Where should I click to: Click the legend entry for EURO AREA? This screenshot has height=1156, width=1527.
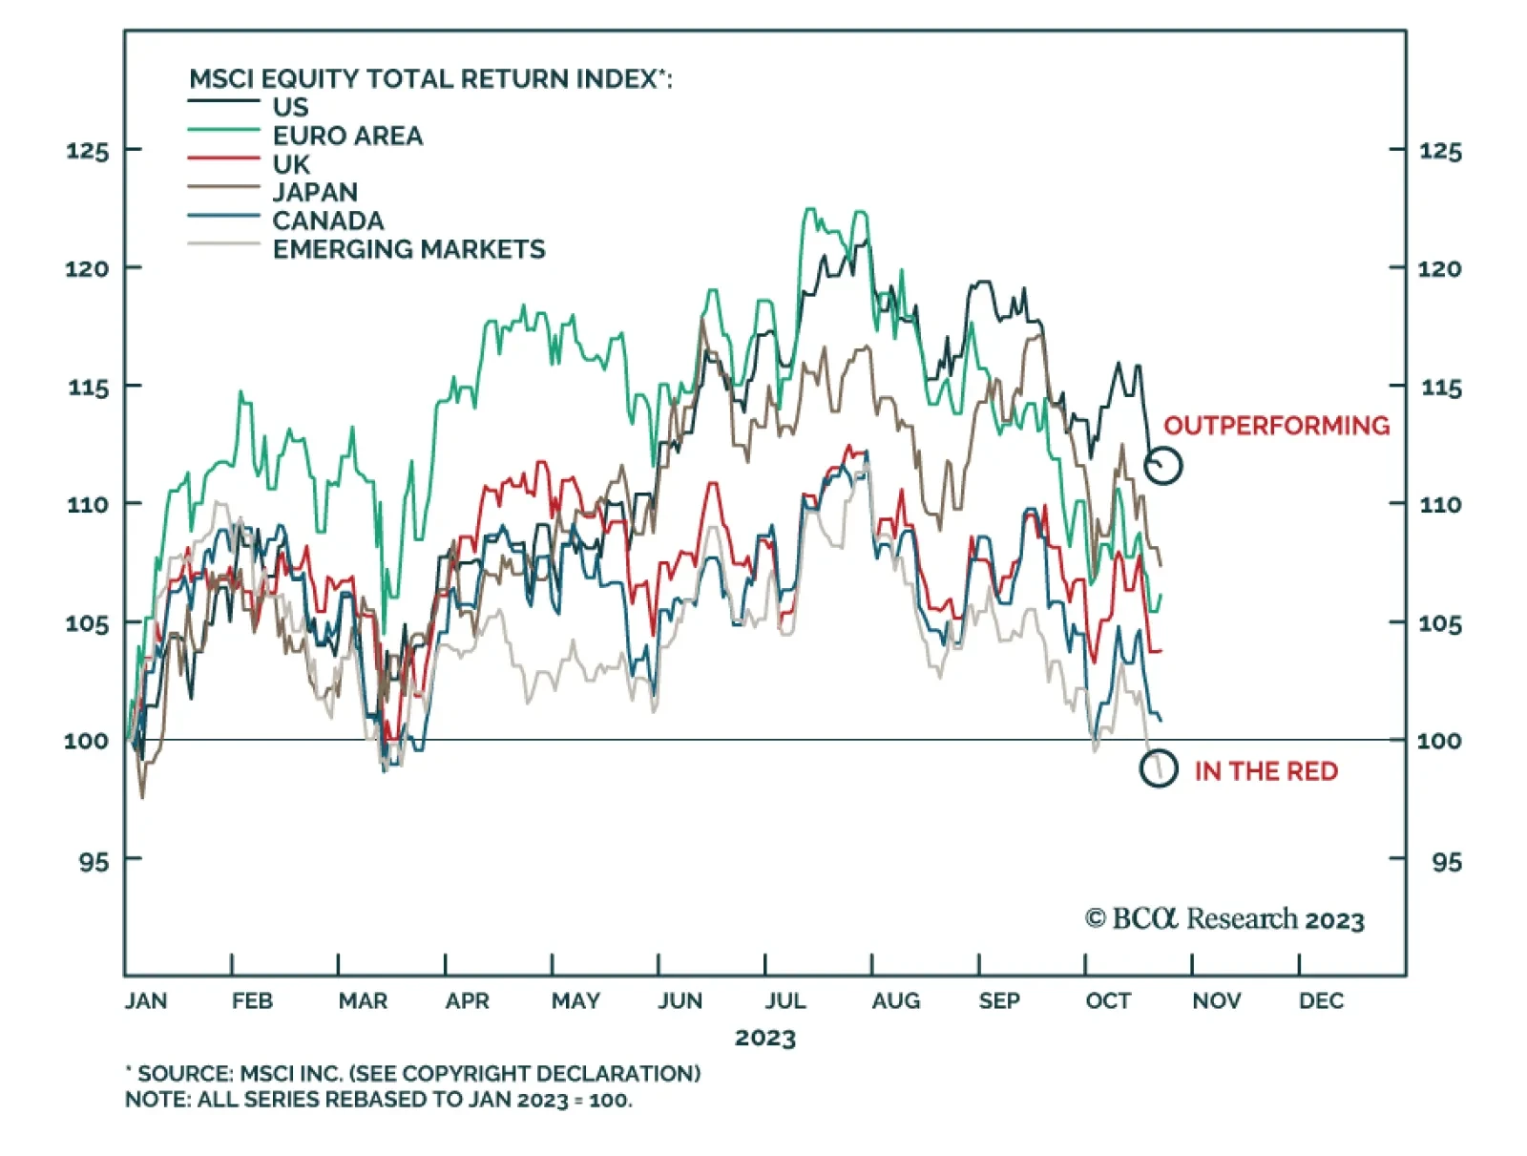[x=347, y=137]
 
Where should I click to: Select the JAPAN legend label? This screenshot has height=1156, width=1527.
[x=315, y=193]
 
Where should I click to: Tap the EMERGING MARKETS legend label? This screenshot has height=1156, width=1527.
[x=408, y=250]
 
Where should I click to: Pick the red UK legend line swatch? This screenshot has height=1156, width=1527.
[x=223, y=158]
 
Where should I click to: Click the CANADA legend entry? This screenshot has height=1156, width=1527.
[x=327, y=221]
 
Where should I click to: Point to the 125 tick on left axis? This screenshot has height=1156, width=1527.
[x=88, y=151]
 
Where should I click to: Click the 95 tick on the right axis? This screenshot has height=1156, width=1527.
[x=1445, y=862]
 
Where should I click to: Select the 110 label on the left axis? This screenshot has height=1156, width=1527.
[x=88, y=505]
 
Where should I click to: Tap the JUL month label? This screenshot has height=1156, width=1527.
[x=784, y=1001]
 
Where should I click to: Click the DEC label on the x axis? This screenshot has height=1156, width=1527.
[x=1321, y=1001]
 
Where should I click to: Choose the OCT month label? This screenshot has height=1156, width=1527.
[x=1107, y=1001]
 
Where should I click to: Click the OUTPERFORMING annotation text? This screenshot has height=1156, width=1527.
[x=1276, y=426]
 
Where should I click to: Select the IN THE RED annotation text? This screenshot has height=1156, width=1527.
[x=1266, y=771]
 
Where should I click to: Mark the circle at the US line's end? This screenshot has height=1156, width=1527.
[x=1163, y=465]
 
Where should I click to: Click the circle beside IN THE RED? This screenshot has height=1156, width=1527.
[x=1159, y=768]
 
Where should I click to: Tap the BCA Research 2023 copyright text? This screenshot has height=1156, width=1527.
[x=1224, y=919]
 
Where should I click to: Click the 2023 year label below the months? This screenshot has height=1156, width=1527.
[x=764, y=1039]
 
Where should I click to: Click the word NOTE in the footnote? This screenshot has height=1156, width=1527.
[x=157, y=1100]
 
